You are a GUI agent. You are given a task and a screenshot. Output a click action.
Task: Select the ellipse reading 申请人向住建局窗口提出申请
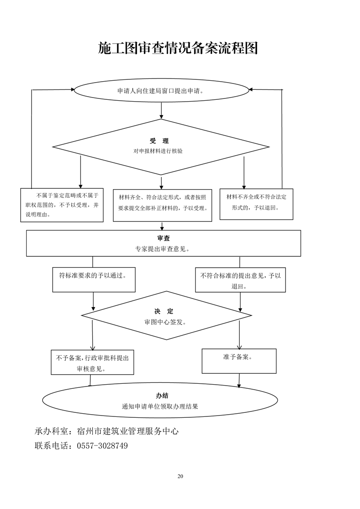tap(161, 90)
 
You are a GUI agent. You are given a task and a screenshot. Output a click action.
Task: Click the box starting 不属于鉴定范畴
tap(62, 205)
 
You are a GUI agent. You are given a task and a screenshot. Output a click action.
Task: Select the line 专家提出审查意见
tap(162, 249)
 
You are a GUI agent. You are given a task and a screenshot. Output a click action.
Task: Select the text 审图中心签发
tap(165, 322)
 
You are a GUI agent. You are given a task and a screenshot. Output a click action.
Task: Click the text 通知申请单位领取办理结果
tap(160, 406)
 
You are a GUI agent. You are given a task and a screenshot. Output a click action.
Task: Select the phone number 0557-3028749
tap(102, 446)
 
